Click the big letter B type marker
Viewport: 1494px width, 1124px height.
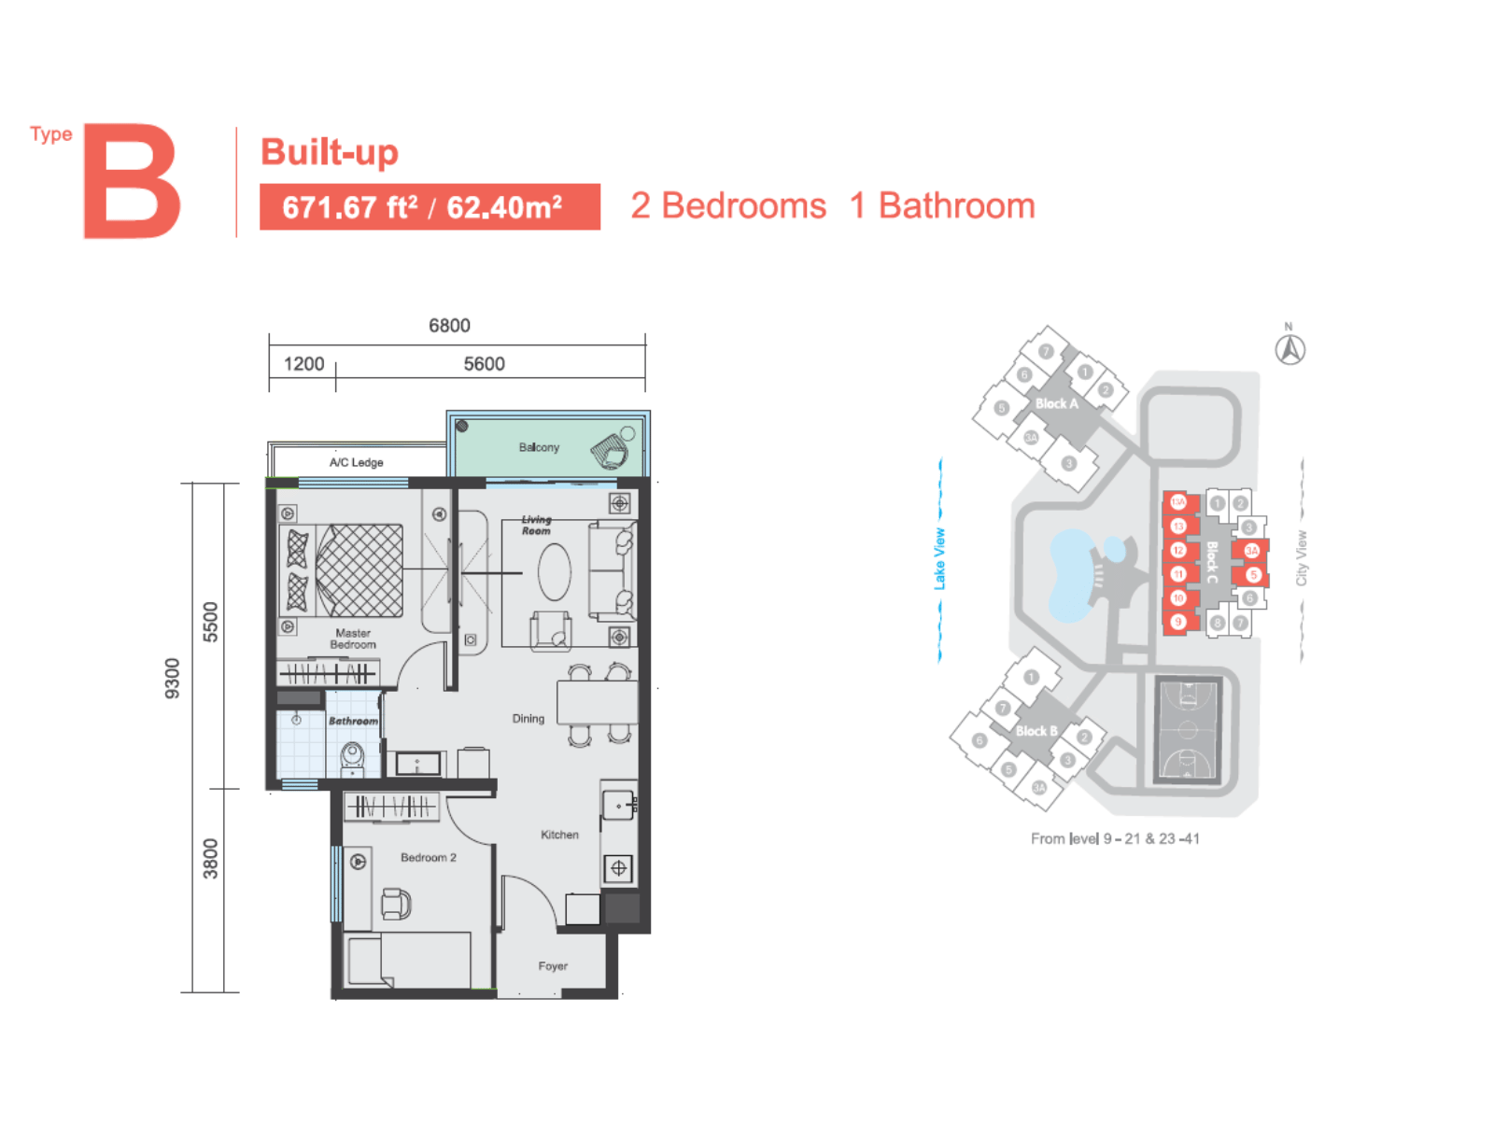tap(132, 181)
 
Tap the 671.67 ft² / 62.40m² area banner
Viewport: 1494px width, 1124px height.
tap(429, 206)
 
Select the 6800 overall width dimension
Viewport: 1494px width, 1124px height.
tap(449, 326)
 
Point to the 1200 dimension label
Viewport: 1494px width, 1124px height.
tap(303, 364)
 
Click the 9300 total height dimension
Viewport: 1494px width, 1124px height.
tap(172, 678)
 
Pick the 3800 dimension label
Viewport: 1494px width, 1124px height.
tap(211, 858)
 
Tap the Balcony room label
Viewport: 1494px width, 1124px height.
tap(539, 447)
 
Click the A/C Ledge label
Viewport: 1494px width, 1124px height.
tap(356, 462)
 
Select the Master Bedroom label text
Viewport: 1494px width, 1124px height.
tap(353, 639)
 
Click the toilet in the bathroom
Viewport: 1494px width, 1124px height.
tap(352, 756)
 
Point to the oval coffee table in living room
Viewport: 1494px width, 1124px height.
tap(554, 571)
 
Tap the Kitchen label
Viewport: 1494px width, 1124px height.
tap(559, 835)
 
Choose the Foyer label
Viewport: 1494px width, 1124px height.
tap(553, 966)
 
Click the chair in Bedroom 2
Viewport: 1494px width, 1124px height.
tap(396, 903)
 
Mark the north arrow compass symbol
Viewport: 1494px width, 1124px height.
tap(1290, 349)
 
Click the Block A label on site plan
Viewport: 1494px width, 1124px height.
tap(1056, 403)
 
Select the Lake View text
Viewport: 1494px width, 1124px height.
tap(939, 558)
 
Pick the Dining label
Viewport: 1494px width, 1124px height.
tap(528, 719)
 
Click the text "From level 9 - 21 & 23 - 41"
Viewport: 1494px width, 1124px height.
tap(1115, 838)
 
